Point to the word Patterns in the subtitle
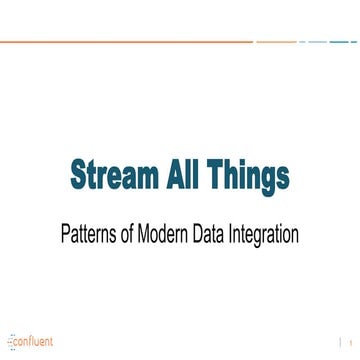[x=88, y=237]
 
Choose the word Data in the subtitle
[x=214, y=237]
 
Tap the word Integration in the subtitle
[x=268, y=237]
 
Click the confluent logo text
[x=34, y=340]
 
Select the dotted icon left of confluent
[x=10, y=340]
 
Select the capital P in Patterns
[x=66, y=237]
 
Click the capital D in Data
[x=202, y=237]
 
